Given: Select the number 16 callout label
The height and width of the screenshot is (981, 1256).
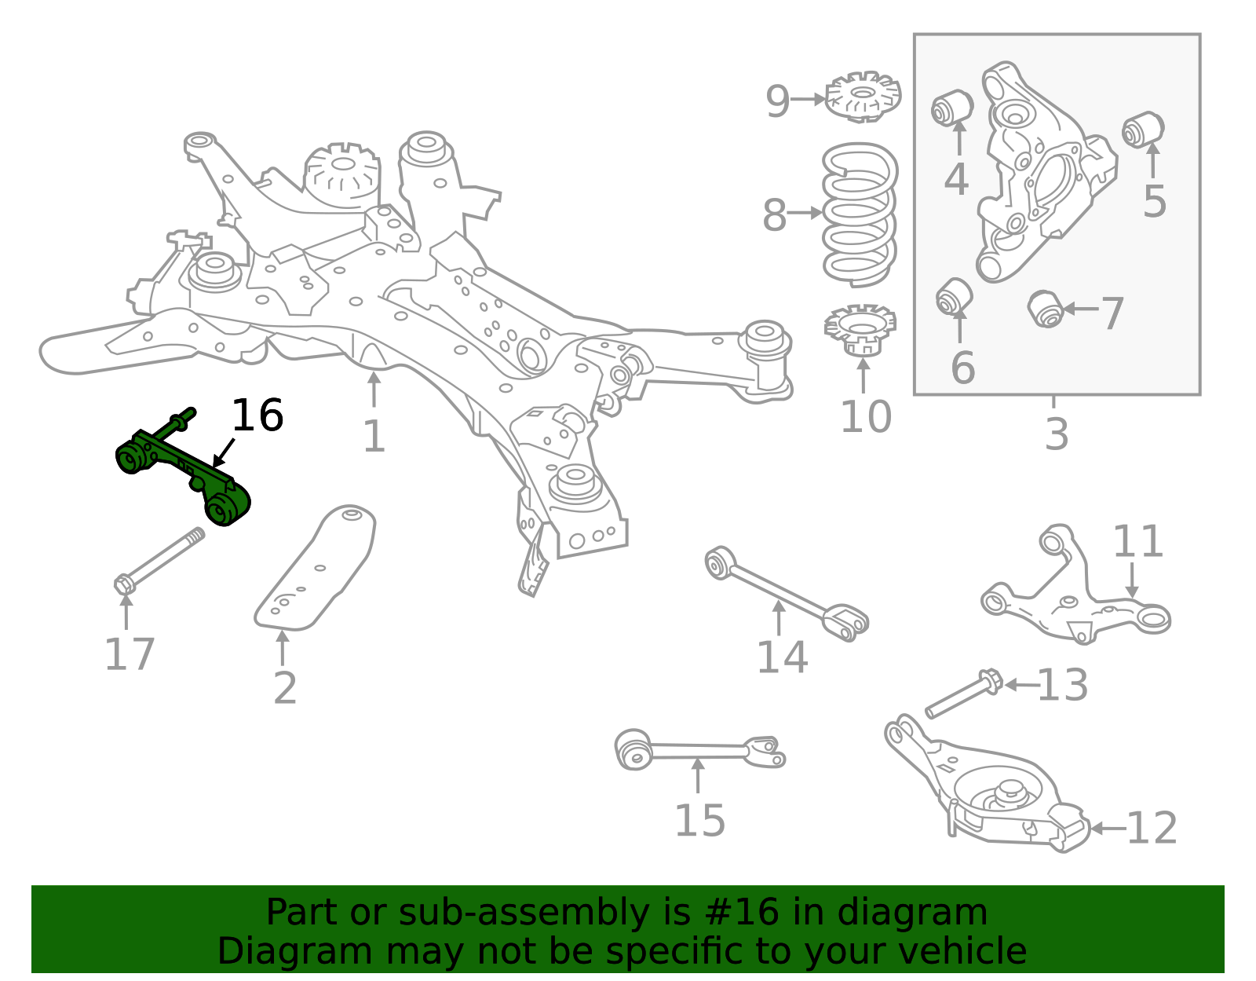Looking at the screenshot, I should pyautogui.click(x=257, y=416).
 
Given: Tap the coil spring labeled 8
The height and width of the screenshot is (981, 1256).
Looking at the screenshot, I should pyautogui.click(x=860, y=214).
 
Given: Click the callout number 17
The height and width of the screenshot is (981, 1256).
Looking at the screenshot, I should pyautogui.click(x=130, y=654).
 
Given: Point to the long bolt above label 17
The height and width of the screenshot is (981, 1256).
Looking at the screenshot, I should pyautogui.click(x=161, y=561).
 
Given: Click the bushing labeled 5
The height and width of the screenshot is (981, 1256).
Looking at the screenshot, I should pyautogui.click(x=1143, y=130).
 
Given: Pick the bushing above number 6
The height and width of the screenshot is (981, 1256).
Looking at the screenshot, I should pyautogui.click(x=955, y=296).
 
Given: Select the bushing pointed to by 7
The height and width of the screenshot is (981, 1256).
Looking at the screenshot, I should pyautogui.click(x=1046, y=308).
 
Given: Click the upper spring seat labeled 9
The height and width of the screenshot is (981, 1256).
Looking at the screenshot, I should pyautogui.click(x=863, y=97).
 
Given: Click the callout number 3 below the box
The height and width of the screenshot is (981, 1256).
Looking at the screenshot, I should pyautogui.click(x=1057, y=434).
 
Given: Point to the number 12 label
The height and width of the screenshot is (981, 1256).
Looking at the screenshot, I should pyautogui.click(x=1152, y=829).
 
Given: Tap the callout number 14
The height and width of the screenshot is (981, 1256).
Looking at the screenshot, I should pyautogui.click(x=782, y=657).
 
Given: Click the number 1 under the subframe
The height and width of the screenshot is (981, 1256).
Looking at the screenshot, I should pyautogui.click(x=374, y=437).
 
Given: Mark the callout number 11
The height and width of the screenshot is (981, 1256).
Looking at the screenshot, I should pyautogui.click(x=1137, y=542).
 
